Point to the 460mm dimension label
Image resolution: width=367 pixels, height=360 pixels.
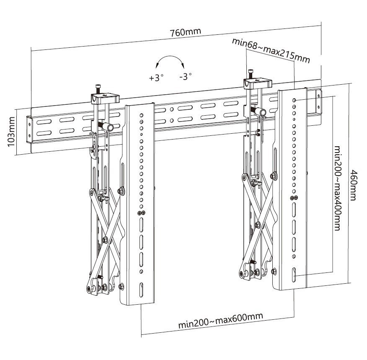pos(354,185)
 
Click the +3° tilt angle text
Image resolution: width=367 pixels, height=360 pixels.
pos(155,78)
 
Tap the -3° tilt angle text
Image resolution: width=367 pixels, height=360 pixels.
pos(185,77)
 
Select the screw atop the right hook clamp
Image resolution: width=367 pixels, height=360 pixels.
pos(251,73)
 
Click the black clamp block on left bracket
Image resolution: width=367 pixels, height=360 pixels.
pos(105,99)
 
